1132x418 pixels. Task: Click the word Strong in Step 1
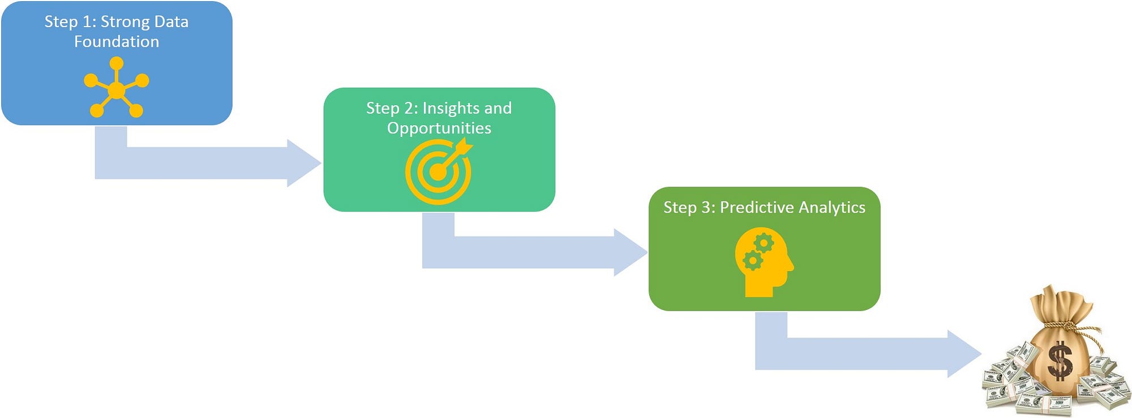pos(125,23)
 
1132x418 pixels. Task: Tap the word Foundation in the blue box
pos(117,42)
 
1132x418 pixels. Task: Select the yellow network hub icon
pos(117,88)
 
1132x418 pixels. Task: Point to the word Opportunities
pos(439,128)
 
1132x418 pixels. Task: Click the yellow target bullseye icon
pos(439,171)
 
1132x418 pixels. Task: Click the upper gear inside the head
pos(764,243)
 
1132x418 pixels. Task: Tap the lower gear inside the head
pos(752,261)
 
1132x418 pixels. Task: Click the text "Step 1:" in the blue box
pos(70,22)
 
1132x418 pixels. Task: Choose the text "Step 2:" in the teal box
pos(392,109)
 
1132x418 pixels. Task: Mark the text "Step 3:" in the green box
pos(689,208)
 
